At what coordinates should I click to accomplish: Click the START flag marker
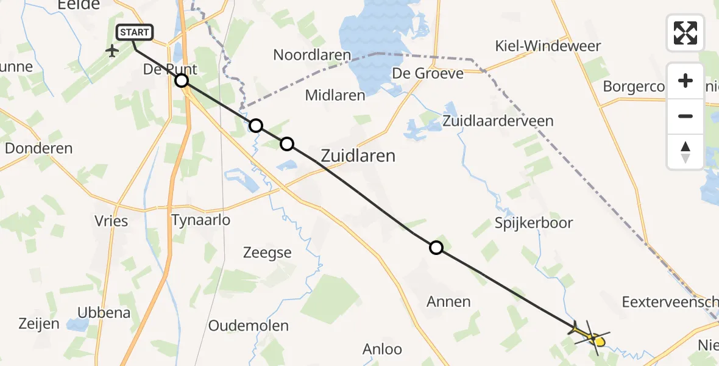click(x=133, y=32)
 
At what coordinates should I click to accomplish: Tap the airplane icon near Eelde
click(x=112, y=50)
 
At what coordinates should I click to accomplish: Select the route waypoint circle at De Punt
click(x=182, y=81)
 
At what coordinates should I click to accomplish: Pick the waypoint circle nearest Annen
click(x=436, y=248)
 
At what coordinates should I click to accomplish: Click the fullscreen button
click(x=685, y=33)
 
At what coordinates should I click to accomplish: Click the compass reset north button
click(x=685, y=151)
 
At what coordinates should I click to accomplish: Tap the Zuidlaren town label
click(x=358, y=156)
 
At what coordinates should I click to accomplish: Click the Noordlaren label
click(x=312, y=55)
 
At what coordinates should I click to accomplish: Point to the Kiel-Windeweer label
click(x=548, y=46)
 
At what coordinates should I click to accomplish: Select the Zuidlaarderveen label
click(x=498, y=121)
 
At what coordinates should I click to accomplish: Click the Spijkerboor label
click(x=534, y=223)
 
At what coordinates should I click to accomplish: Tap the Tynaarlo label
click(x=201, y=220)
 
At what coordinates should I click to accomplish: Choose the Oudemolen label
click(x=248, y=326)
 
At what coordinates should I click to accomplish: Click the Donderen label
click(x=38, y=148)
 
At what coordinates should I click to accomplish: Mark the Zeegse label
click(x=267, y=253)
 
